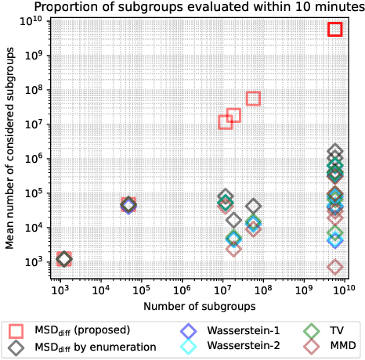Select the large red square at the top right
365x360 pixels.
pos(335,29)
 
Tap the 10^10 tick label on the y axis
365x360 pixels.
pos(31,20)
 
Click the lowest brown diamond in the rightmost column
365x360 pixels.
pos(335,267)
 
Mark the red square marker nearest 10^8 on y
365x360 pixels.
pos(253,99)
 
